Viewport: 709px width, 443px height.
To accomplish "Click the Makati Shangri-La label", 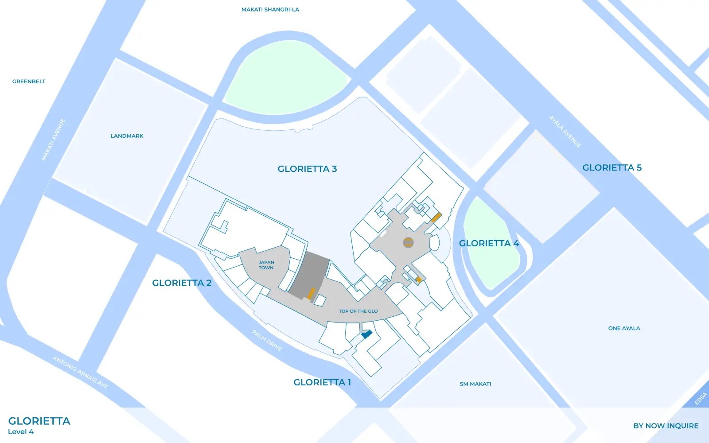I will point(270,9).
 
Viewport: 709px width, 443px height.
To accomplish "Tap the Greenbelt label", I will point(29,82).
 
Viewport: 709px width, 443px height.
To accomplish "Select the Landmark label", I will point(127,136).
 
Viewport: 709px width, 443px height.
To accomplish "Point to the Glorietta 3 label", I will point(307,169).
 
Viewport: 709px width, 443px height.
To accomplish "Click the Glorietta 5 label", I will point(612,167).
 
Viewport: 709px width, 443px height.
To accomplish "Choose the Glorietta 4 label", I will point(489,243).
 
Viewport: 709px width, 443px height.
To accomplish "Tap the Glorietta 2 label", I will point(182,283).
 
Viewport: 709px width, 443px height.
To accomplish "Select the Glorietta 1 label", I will point(322,382).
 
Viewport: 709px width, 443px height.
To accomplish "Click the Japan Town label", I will point(266,265).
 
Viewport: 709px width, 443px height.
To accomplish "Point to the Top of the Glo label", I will point(358,311).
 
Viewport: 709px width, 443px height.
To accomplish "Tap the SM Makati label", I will point(475,384).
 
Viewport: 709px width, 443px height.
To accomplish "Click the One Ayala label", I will point(624,328).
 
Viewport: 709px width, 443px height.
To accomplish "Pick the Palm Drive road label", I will point(267,340).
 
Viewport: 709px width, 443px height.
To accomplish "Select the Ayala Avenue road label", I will point(565,132).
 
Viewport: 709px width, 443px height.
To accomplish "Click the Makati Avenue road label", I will point(54,140).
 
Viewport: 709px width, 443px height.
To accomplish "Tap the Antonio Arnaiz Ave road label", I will point(80,373).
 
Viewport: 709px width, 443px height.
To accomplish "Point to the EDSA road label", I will point(701,399).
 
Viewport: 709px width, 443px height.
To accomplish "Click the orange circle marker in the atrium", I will point(408,242).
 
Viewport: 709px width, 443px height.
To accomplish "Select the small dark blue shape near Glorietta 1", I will point(366,334).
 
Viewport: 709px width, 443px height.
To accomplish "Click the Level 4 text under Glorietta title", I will point(21,432).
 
